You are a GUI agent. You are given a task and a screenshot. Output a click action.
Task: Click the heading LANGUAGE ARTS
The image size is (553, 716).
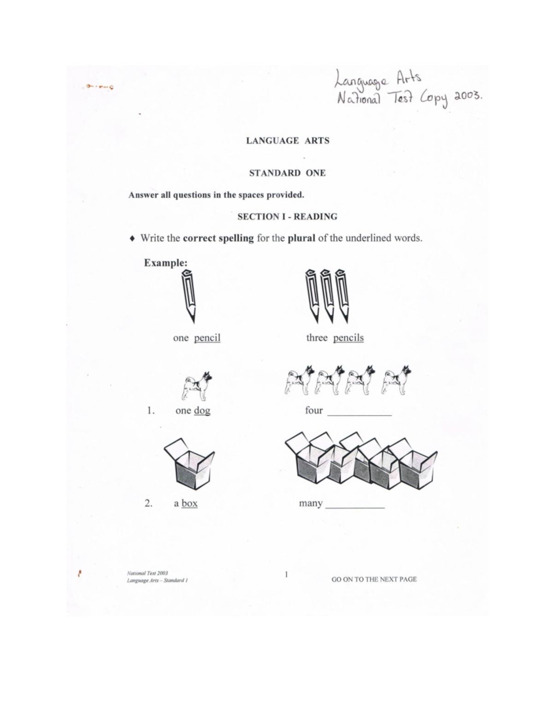coord(288,141)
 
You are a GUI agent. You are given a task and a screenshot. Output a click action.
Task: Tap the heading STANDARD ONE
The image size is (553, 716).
coord(287,173)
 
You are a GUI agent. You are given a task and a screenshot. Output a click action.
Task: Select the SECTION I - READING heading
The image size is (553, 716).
coord(287,217)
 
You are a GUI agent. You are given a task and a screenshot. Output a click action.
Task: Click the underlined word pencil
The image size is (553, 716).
coord(207,338)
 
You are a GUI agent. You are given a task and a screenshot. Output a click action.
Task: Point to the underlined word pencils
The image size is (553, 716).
coord(348,338)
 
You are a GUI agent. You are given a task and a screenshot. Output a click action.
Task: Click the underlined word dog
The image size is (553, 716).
coord(202,410)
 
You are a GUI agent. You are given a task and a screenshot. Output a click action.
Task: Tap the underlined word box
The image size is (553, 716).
coord(189,503)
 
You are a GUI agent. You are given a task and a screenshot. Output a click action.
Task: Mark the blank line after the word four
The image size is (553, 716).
coord(359,414)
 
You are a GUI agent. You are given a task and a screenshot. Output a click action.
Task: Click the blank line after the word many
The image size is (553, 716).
coord(355,506)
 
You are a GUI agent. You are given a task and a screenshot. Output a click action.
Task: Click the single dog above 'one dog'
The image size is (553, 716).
coord(197,385)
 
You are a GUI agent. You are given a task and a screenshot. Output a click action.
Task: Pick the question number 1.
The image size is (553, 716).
coord(150,410)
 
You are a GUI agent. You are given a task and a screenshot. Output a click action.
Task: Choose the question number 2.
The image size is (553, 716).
coord(148,503)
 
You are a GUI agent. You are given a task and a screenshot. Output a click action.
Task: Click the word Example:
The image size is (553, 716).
coord(165,263)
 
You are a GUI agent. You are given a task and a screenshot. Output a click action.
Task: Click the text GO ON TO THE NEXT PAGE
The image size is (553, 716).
coord(374,580)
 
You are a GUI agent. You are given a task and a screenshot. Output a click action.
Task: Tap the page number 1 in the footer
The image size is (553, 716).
coord(286,574)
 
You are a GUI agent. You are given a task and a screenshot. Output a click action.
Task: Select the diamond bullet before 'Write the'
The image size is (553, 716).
coord(132,239)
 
